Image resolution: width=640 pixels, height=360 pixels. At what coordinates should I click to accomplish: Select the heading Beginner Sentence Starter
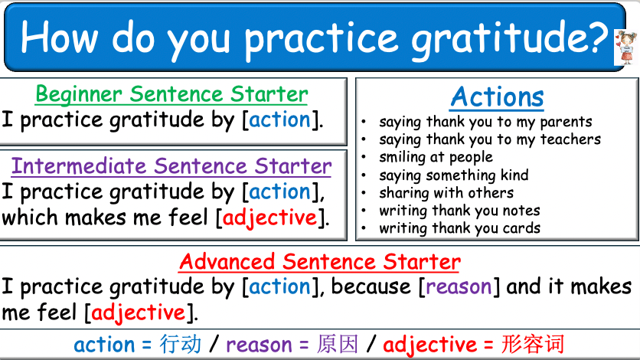point(171,94)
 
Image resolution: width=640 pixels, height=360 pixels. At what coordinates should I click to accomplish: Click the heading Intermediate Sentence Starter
point(171,166)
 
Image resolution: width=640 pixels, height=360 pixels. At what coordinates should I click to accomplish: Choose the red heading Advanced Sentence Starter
point(320,262)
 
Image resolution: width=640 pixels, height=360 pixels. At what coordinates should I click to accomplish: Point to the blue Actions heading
point(497,97)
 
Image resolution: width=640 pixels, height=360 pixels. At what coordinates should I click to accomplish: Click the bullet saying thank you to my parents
point(485,122)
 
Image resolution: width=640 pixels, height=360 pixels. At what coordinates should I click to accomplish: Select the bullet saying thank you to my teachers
point(490,139)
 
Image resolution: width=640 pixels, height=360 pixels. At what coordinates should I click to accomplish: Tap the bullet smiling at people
point(436,157)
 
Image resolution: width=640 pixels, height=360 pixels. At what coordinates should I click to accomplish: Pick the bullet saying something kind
point(453,175)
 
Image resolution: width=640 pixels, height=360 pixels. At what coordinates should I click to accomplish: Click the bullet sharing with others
point(446,193)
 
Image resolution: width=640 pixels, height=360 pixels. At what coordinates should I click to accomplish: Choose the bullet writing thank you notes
point(459,211)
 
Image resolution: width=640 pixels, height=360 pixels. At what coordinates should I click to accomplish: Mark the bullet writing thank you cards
point(459,228)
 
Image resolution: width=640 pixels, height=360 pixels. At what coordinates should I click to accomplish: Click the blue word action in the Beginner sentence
point(280,119)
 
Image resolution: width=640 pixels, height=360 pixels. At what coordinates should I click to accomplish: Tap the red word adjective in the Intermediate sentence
point(269,218)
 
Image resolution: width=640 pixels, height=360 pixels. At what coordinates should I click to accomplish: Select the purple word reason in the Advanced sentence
point(459,287)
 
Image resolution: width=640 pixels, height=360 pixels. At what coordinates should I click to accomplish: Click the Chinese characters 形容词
point(533,345)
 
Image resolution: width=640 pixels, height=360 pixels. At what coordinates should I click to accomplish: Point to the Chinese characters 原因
point(337,345)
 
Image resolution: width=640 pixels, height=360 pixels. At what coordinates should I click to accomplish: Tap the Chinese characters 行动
point(181,345)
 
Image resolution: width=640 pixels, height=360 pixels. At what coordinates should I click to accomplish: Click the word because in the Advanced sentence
point(371,287)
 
